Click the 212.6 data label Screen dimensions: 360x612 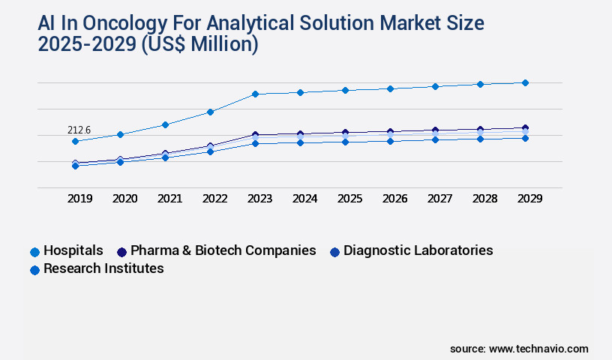79,130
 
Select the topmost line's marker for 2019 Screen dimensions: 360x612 75,141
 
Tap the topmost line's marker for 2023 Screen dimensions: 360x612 255,94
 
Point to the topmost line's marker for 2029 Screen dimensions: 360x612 525,82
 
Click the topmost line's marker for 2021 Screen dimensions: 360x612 165,124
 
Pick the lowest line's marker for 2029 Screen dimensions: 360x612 525,138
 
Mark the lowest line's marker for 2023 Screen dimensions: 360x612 255,143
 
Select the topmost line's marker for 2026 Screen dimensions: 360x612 390,88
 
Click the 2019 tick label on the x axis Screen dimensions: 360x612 79,199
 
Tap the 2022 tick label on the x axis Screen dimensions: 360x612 214,199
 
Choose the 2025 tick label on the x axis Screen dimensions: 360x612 349,199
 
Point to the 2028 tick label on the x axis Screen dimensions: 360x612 484,199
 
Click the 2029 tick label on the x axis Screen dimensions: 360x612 529,199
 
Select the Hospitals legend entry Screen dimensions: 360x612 73,250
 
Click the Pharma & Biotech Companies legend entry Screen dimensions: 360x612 223,250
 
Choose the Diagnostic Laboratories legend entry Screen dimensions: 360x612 418,250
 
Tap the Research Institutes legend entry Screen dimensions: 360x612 103,268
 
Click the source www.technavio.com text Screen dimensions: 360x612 519,349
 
